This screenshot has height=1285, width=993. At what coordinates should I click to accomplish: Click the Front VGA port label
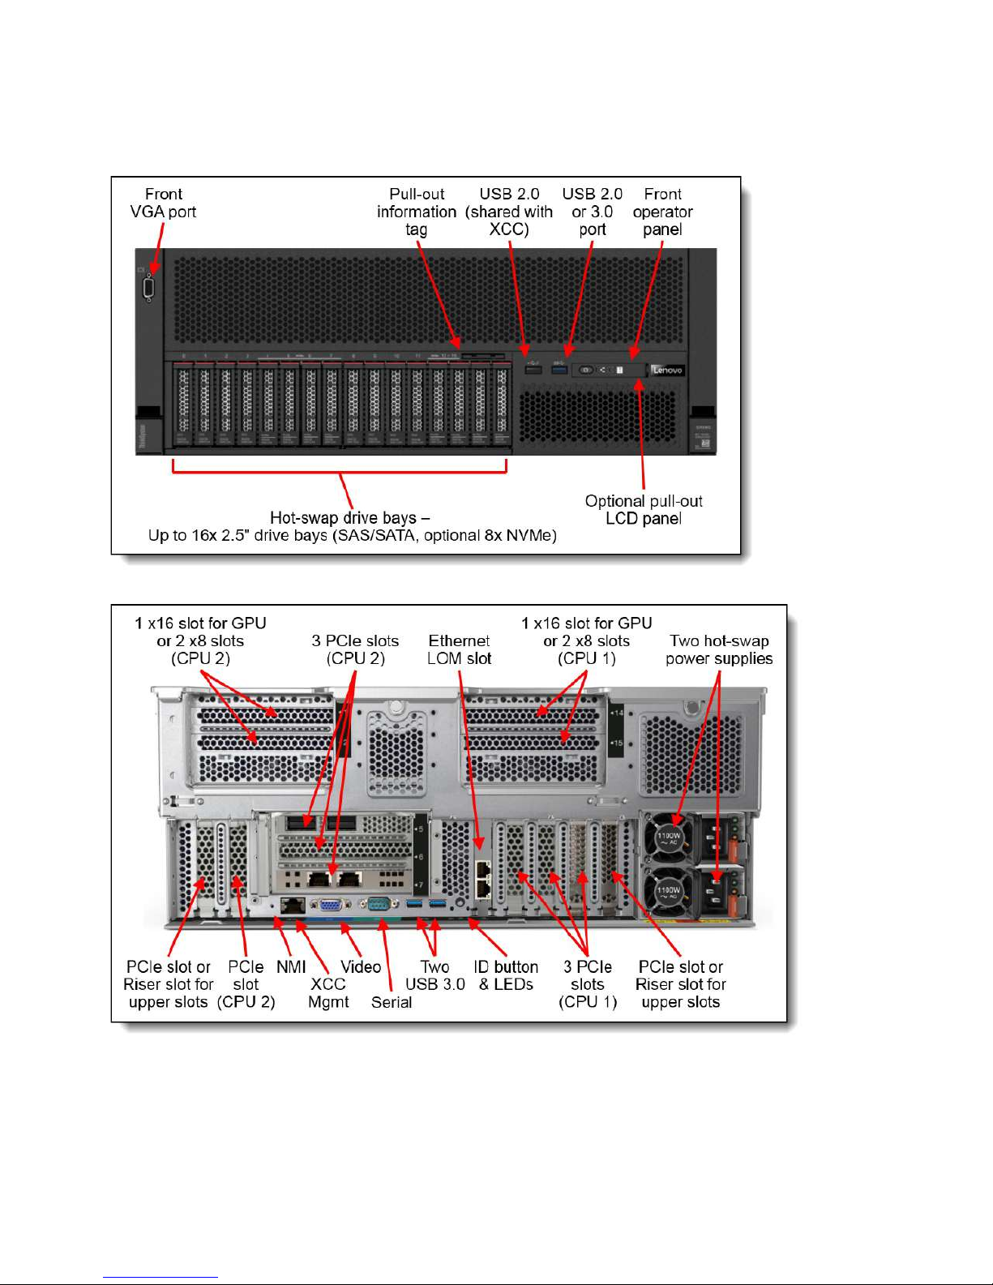click(163, 203)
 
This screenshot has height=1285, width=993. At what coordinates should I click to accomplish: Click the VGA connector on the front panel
click(149, 288)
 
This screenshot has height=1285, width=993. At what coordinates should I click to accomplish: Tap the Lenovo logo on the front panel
click(668, 370)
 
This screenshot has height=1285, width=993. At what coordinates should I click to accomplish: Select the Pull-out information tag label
click(417, 212)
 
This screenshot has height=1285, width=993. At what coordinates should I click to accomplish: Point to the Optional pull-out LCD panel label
click(644, 510)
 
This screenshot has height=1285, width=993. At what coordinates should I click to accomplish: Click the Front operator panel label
click(662, 212)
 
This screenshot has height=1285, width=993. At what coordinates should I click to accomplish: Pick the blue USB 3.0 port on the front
click(559, 370)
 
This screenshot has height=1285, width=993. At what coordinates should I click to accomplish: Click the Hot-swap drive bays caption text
click(352, 526)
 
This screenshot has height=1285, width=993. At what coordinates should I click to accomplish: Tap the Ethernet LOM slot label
click(459, 649)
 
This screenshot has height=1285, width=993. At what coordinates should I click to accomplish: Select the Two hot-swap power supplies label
click(719, 649)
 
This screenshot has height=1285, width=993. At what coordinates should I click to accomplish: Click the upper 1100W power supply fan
click(669, 838)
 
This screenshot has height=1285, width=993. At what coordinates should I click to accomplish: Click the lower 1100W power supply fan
click(669, 891)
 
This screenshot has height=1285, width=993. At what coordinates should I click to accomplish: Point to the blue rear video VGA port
click(330, 906)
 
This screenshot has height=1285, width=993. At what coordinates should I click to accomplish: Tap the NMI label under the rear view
click(291, 966)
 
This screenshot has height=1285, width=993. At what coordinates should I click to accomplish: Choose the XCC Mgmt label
click(328, 992)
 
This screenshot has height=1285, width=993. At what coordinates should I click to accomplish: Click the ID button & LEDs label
click(506, 975)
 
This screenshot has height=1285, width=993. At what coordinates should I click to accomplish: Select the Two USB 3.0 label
click(435, 975)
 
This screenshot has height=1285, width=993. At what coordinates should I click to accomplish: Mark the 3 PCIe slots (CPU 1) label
click(588, 984)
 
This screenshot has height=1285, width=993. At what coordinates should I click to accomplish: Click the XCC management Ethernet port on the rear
click(292, 906)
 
